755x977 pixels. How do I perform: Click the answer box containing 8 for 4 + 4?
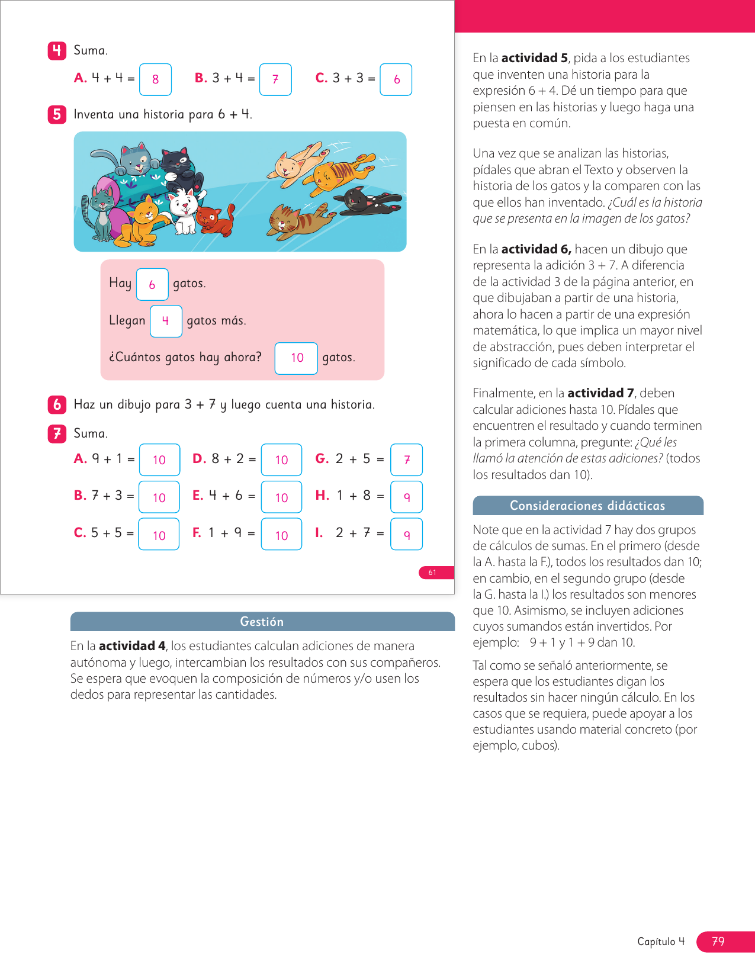click(155, 79)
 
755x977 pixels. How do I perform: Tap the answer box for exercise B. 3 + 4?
click(275, 79)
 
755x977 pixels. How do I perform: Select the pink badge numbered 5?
click(57, 114)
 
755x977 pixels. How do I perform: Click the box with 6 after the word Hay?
click(152, 284)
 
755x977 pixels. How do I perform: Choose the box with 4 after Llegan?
click(166, 321)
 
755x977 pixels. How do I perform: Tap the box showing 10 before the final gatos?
click(296, 358)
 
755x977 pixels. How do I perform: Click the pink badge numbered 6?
click(57, 404)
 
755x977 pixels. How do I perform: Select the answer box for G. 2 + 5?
click(406, 459)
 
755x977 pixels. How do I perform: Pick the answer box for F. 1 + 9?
click(281, 534)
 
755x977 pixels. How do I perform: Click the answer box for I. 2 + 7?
click(406, 534)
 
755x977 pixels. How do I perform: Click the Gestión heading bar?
click(262, 622)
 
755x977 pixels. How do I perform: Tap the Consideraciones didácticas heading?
click(587, 506)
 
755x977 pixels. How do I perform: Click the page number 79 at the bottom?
click(718, 941)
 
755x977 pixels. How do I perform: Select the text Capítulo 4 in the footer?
click(661, 941)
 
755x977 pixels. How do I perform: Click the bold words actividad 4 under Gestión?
click(132, 646)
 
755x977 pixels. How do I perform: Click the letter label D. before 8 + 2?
click(199, 459)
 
